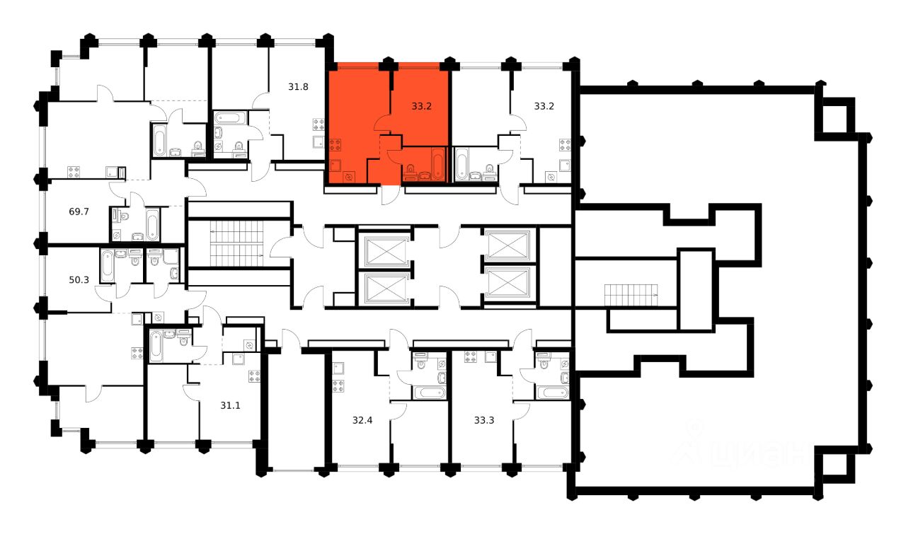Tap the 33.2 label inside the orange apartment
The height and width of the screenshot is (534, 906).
point(422,107)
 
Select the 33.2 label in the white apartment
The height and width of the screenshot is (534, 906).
point(544,107)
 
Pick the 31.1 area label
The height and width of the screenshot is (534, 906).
point(230,405)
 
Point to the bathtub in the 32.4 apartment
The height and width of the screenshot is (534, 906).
point(429,393)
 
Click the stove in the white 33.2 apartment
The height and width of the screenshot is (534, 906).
point(564,146)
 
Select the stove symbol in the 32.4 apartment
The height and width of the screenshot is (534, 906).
point(338,386)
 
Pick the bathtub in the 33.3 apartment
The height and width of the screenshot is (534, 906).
point(551,393)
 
